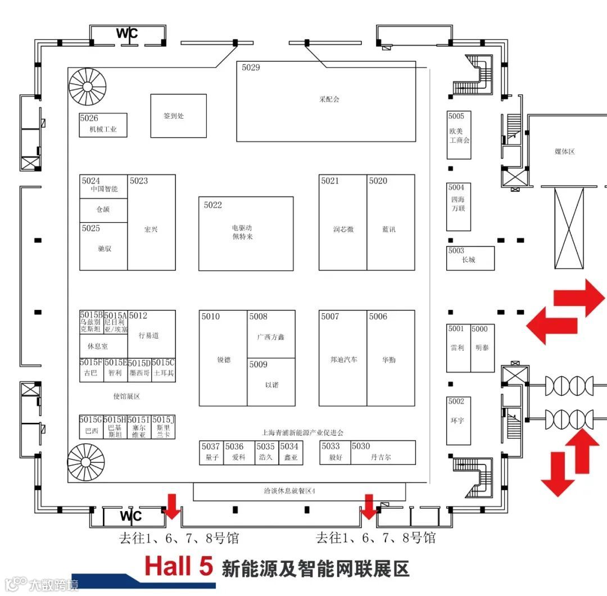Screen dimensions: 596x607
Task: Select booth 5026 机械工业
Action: click(103, 125)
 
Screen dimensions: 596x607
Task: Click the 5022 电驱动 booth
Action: click(246, 233)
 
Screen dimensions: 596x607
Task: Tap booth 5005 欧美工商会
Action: click(459, 135)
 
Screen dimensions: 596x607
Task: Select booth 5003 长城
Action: click(470, 259)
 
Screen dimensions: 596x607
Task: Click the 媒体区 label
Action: click(565, 152)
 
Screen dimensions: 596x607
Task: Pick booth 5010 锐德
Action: click(223, 358)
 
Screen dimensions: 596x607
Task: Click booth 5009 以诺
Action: click(271, 382)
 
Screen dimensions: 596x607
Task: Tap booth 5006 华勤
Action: click(391, 358)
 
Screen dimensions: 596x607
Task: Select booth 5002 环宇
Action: click(458, 421)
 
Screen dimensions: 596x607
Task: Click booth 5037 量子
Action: click(211, 453)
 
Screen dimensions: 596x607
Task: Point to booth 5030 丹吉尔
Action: click(382, 453)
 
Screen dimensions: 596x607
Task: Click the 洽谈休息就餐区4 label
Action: click(290, 491)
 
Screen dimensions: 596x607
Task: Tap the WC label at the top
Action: click(127, 34)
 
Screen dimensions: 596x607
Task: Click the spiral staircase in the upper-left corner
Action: click(87, 86)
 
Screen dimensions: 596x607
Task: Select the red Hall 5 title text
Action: click(179, 566)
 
